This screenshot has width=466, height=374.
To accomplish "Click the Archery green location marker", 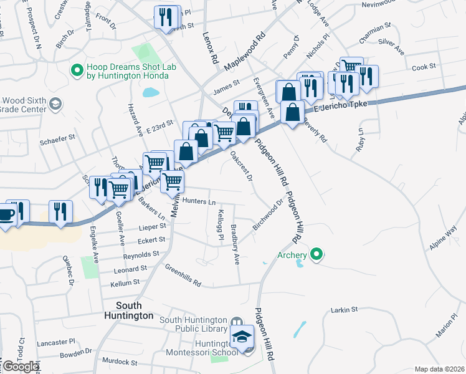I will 316,254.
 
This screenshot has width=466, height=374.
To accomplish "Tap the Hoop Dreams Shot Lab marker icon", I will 78,70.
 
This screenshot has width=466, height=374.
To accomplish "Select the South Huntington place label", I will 135,310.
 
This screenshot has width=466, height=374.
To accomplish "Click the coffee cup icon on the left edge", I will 7,214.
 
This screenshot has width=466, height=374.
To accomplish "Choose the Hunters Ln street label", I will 199,202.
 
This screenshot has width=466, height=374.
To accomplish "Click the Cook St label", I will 423,67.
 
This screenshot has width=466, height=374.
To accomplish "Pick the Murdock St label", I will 119,362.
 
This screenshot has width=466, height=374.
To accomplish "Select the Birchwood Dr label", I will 268,215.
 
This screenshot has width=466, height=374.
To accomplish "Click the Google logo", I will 21,367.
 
